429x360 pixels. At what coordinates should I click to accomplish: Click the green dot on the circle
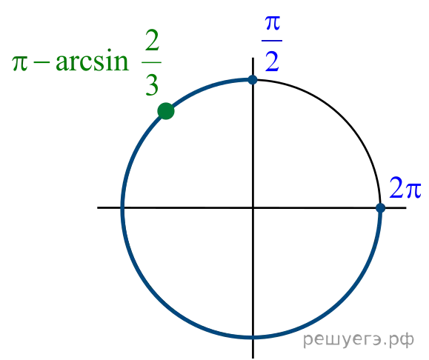(x=166, y=111)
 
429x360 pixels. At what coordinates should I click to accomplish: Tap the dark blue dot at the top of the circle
(x=253, y=80)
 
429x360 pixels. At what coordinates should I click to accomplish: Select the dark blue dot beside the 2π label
(x=380, y=208)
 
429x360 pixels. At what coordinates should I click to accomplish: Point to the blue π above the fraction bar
(x=273, y=23)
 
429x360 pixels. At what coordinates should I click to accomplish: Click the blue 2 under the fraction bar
(x=272, y=61)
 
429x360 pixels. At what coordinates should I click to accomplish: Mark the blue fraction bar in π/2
(x=272, y=41)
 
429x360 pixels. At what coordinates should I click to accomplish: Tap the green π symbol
(x=20, y=63)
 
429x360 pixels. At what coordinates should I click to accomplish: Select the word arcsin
(x=92, y=60)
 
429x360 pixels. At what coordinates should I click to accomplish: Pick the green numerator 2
(x=152, y=40)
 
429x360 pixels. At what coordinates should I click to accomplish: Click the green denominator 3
(x=152, y=85)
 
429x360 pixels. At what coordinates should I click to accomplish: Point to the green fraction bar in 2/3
(x=152, y=63)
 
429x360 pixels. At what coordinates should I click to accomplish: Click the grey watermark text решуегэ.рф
(x=359, y=340)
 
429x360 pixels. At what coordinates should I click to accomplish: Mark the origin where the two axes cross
(x=253, y=208)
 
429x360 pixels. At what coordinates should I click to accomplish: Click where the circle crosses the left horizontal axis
(x=122, y=208)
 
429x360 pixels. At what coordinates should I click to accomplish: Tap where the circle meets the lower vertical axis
(x=253, y=337)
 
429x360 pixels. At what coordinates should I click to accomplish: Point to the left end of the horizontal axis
(x=98, y=208)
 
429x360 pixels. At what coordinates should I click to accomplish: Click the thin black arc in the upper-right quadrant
(x=344, y=117)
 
